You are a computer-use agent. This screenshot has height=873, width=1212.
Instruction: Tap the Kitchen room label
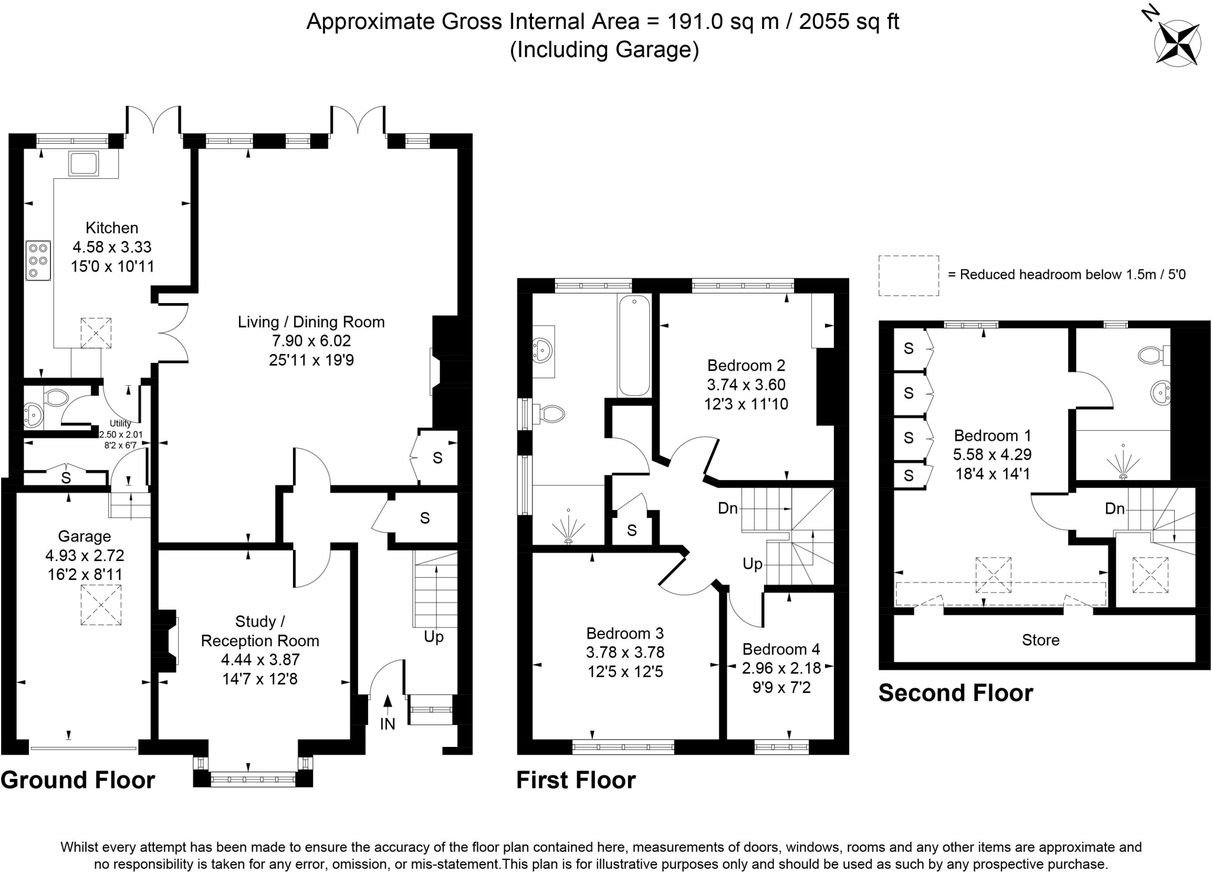point(112,228)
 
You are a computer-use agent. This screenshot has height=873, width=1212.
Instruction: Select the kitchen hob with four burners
point(38,260)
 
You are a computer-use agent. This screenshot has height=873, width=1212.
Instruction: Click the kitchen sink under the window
point(83,164)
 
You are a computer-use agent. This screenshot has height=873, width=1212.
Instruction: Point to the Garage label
point(85,536)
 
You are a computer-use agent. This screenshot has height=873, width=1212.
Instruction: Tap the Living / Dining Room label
point(311,322)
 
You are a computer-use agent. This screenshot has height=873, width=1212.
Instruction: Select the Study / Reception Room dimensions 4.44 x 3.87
point(260,659)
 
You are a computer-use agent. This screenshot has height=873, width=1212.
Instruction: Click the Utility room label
point(120,423)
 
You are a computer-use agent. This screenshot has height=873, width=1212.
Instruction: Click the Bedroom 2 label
point(747,365)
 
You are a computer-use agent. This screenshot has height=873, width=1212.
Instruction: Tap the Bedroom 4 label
point(781,649)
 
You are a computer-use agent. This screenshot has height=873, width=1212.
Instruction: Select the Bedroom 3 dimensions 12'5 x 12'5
point(625,672)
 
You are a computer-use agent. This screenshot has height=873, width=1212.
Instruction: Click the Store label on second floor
point(1040,640)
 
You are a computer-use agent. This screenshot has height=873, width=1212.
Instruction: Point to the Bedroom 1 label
point(992,436)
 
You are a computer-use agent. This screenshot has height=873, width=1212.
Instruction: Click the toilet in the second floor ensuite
point(1154,355)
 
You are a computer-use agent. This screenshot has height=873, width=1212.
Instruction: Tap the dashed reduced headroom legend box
point(908,275)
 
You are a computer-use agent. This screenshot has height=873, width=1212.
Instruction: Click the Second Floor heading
point(956,692)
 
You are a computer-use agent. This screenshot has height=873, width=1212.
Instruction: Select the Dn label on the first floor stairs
point(728,508)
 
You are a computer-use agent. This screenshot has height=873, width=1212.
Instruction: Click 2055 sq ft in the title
point(849,22)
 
